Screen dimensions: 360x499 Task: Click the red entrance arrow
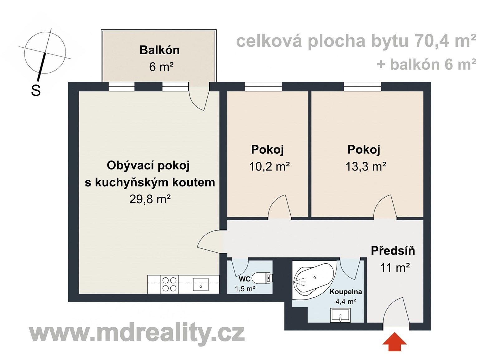(395, 342)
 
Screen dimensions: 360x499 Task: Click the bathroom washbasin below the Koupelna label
(340, 315)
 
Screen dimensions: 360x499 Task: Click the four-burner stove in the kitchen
(169, 284)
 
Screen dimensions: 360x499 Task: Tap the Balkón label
(159, 50)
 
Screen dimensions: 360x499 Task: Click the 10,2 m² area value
(269, 167)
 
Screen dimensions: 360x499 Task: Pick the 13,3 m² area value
(366, 167)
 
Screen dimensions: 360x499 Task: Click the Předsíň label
(393, 251)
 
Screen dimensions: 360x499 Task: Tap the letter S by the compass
(36, 90)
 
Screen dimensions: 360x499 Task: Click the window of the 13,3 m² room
(362, 86)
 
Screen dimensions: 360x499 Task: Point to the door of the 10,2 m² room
(279, 207)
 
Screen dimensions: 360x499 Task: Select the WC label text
(245, 279)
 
